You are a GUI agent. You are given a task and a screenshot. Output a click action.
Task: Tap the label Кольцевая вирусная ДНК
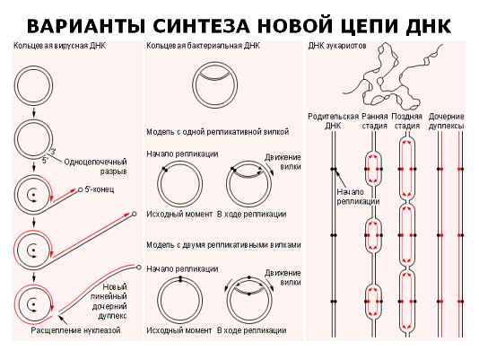point(59,46)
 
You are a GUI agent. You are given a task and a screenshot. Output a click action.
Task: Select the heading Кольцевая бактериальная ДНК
point(203,46)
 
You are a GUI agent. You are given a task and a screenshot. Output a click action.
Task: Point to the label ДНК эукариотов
point(337,46)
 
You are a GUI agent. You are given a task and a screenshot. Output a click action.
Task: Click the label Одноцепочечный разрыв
point(95,166)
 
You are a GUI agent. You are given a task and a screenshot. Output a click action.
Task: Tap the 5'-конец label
point(100,189)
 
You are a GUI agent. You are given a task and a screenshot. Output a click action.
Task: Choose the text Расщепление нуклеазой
point(75,330)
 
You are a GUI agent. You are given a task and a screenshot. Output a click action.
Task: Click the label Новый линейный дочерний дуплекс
point(109,302)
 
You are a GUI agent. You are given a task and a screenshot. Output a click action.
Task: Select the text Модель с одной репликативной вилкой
point(217,132)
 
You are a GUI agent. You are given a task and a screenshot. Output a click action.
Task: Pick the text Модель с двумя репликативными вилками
point(223,245)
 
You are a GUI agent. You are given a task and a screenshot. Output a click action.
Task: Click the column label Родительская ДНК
point(333,121)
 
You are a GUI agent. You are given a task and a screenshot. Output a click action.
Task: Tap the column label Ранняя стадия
point(375,121)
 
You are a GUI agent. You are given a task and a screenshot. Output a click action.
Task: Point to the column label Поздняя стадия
point(406,121)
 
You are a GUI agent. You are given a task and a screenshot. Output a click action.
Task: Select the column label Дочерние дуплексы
point(447,121)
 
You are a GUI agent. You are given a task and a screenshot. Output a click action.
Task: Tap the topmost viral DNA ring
point(33,66)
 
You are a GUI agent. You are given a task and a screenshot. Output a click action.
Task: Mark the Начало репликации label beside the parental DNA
point(358,197)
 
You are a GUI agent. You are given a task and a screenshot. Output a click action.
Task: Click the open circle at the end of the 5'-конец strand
point(81,190)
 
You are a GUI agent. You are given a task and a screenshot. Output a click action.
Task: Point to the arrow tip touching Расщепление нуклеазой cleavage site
point(58,316)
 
